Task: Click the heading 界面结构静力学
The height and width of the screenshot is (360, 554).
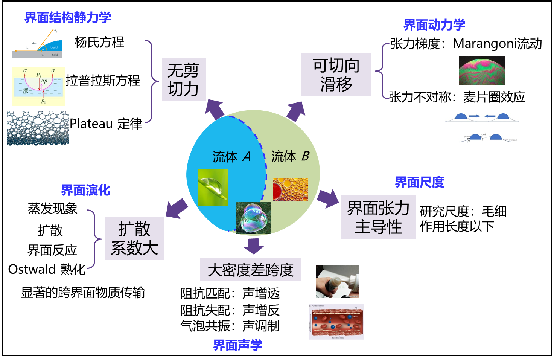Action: click(68, 17)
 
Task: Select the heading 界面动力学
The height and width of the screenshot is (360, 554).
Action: click(434, 25)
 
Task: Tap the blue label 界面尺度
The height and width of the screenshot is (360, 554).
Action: click(419, 182)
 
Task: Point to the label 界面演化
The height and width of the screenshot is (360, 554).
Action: click(86, 190)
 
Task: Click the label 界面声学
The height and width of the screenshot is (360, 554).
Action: click(237, 345)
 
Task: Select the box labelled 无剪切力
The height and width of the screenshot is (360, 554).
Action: click(184, 79)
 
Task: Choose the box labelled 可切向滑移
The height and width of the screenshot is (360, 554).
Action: click(336, 75)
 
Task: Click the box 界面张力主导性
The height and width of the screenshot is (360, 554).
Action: click(378, 217)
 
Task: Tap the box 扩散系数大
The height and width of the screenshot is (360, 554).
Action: click(134, 238)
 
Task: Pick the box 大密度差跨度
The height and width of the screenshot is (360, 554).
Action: click(250, 270)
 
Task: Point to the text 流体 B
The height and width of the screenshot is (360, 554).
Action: click(290, 156)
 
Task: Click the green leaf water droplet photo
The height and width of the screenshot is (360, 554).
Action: click(213, 187)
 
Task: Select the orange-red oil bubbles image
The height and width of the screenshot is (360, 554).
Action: click(290, 189)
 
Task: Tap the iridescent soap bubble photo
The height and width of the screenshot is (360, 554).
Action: click(253, 218)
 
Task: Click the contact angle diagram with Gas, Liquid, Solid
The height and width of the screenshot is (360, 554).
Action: click(37, 43)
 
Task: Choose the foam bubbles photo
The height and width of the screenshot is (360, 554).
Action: click(38, 129)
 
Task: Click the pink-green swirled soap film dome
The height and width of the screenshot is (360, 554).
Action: click(482, 71)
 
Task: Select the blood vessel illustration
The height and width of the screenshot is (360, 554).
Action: click(336, 322)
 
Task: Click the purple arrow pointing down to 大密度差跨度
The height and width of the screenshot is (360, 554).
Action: click(253, 246)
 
